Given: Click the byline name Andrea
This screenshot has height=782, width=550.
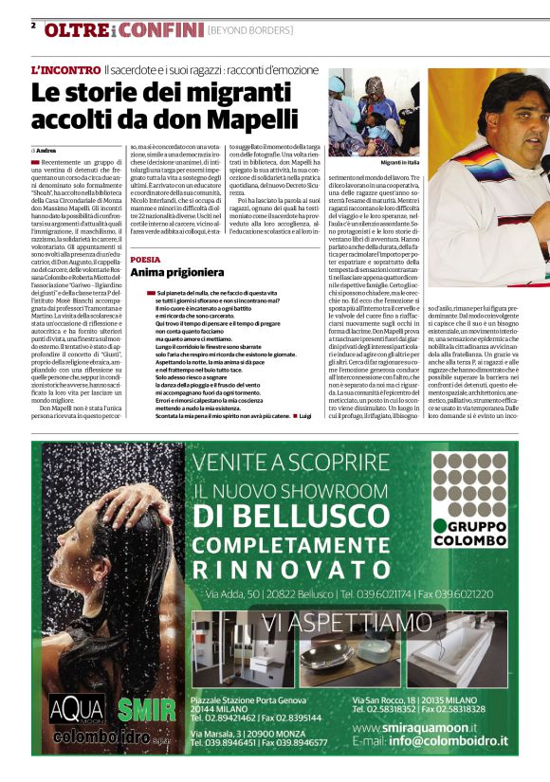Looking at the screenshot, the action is (46, 150).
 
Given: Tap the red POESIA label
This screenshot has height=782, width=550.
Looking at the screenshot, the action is (145, 258).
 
